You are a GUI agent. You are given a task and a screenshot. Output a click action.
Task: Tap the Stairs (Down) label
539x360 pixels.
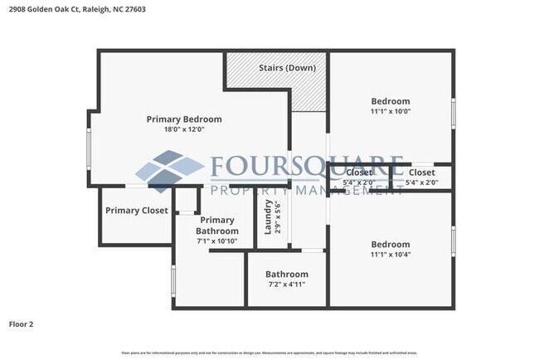point(286,67)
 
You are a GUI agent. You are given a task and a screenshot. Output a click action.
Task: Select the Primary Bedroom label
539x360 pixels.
point(184,119)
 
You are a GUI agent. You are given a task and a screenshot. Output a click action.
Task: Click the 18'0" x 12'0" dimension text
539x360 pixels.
point(184,129)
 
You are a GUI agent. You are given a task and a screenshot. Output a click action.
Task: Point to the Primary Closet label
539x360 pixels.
point(136,211)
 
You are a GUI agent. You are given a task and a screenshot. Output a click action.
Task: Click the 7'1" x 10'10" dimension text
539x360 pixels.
point(217,241)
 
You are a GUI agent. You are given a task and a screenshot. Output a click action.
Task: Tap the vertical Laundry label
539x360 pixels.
point(268,217)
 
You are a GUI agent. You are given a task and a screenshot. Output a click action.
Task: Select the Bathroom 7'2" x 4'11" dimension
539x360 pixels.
point(286,285)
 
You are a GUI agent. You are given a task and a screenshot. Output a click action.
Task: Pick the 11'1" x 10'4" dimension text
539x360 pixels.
point(390,255)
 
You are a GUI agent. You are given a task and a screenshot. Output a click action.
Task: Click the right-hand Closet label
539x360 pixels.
point(421,173)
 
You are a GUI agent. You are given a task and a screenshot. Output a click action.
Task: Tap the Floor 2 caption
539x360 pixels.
point(22,324)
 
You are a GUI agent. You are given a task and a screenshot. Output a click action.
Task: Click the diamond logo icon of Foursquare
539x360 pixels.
point(170,172)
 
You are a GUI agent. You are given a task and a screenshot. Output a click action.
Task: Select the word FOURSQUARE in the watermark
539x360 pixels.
point(307,168)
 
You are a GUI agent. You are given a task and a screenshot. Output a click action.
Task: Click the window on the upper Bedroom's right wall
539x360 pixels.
point(453,112)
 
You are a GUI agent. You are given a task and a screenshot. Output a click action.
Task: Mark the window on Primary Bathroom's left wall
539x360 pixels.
point(172,280)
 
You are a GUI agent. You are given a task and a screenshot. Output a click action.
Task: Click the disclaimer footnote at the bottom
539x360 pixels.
point(269,353)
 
